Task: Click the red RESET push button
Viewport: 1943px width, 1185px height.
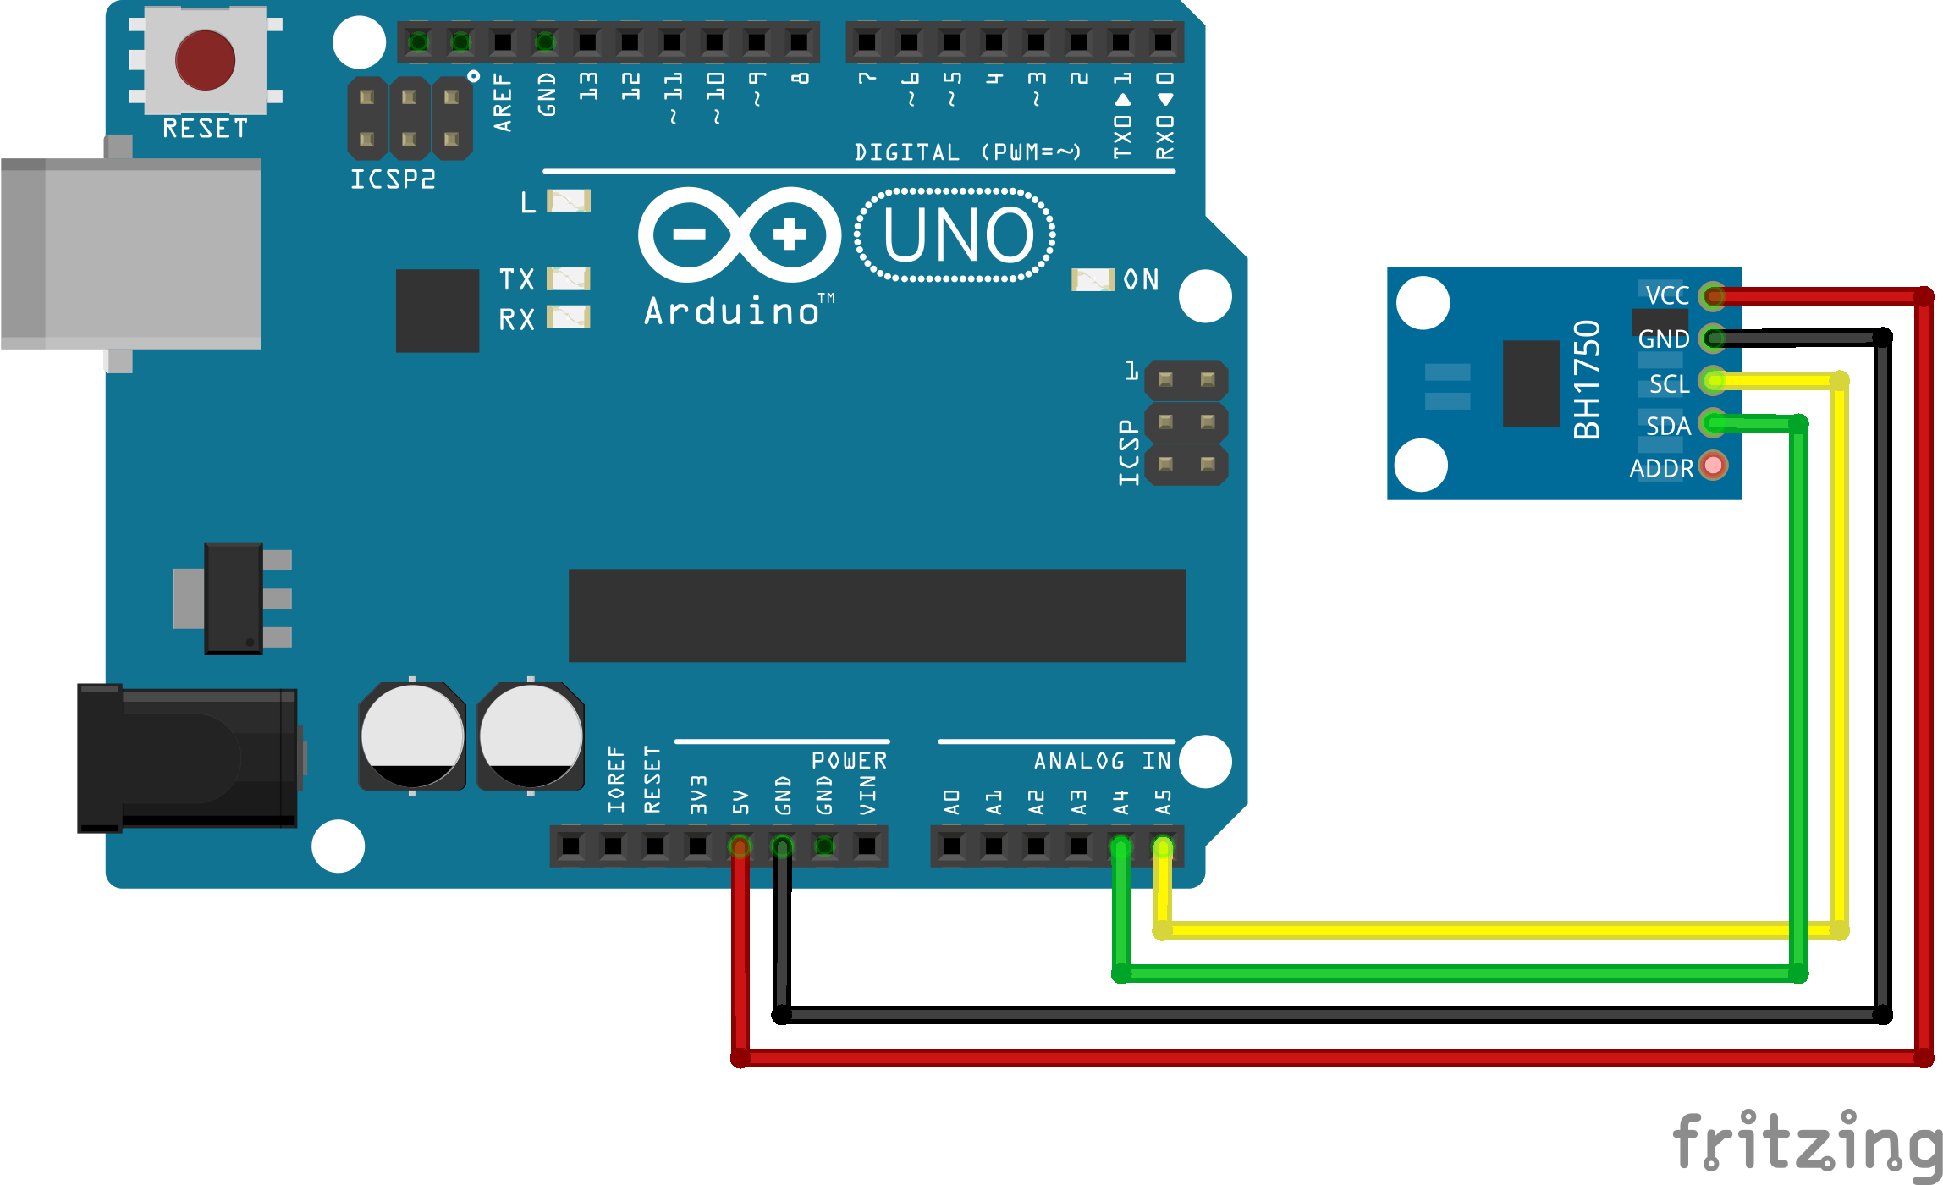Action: (205, 60)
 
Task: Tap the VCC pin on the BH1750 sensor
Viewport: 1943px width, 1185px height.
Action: (1714, 295)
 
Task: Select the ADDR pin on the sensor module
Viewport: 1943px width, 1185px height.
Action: (1714, 466)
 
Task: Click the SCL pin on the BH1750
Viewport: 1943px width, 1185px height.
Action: (1714, 381)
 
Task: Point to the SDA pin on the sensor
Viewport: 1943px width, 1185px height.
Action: (1714, 422)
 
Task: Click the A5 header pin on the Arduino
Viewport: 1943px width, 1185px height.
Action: (1163, 846)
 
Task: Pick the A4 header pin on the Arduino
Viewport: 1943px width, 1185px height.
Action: (1120, 846)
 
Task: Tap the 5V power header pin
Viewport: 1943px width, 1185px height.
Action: (740, 846)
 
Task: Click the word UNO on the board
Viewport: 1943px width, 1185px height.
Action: (958, 234)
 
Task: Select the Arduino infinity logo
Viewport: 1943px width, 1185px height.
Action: (740, 234)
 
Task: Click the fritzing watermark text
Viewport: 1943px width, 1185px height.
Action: (1807, 1144)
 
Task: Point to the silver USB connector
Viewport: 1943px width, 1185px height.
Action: (131, 254)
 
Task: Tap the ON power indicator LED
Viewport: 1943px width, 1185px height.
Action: (1093, 280)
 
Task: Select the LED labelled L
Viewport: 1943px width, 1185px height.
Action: (569, 201)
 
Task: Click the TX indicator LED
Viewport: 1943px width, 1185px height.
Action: (569, 278)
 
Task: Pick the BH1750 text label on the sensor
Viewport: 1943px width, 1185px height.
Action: (1587, 380)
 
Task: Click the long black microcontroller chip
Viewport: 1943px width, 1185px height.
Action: (878, 615)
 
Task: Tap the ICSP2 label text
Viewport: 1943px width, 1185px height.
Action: (394, 179)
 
